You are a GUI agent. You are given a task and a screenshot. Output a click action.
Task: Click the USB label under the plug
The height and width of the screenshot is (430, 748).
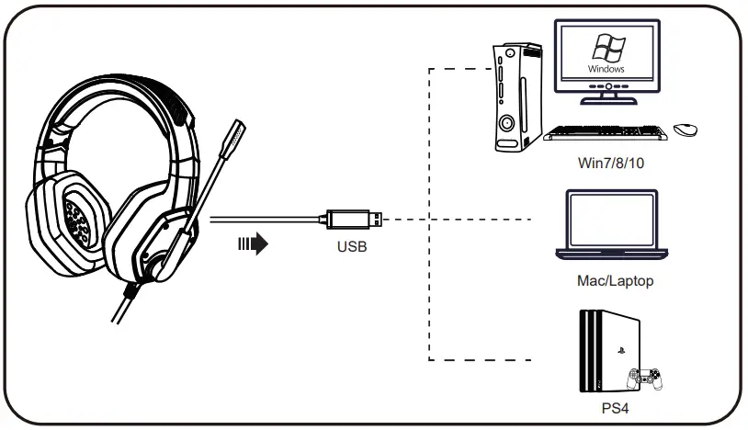coord(352,246)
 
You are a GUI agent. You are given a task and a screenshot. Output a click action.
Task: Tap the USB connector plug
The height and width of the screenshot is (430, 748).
coord(352,220)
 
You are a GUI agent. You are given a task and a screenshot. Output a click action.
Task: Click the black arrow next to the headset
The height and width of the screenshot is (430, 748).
coord(252,245)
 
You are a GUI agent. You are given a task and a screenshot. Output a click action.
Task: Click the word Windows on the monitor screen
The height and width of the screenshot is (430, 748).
coord(606,69)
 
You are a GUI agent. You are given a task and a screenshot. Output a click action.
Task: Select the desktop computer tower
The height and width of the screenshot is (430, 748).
coord(516,96)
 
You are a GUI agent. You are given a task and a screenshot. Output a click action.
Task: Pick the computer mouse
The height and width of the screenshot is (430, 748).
coord(685,130)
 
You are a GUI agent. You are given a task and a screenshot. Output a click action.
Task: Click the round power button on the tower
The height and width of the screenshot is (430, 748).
coord(507,122)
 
